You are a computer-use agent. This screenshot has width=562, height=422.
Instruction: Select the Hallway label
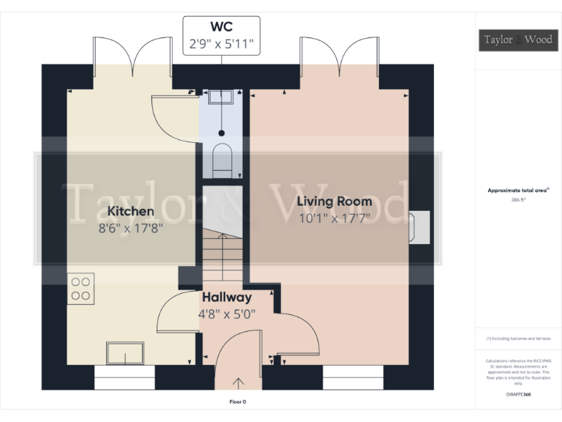point(227,297)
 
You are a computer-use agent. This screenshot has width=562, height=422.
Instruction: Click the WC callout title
point(220,28)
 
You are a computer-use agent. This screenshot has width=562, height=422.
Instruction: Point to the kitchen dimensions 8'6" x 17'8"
point(131,227)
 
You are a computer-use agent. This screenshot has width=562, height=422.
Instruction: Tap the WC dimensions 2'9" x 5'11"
point(220,44)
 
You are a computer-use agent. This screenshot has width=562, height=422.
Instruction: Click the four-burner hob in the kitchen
point(80,288)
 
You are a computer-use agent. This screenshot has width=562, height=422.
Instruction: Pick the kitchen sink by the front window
point(125,353)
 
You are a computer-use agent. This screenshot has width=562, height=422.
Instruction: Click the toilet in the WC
point(221,160)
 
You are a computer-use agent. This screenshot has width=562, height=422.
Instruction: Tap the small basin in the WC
point(220,96)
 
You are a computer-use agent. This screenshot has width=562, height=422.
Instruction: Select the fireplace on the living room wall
point(421,227)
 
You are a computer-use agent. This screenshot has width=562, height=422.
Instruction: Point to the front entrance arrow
point(239,382)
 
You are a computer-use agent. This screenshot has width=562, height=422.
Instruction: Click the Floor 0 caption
point(238,402)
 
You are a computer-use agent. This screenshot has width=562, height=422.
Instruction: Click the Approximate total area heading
point(518,190)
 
